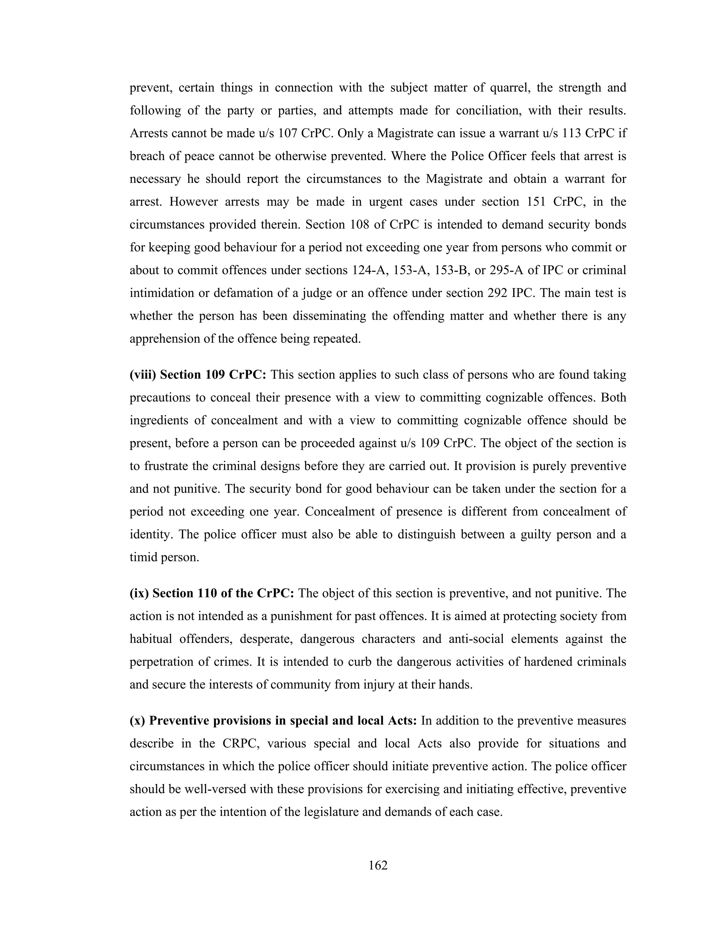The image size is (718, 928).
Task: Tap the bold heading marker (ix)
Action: [x=139, y=593]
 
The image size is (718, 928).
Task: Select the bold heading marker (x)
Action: [x=137, y=721]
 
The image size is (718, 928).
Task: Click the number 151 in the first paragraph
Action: [x=537, y=202]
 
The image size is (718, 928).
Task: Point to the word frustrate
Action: [x=167, y=466]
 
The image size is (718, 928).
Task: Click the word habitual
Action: [x=150, y=639]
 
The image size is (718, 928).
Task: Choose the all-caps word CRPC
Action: [x=239, y=743]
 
